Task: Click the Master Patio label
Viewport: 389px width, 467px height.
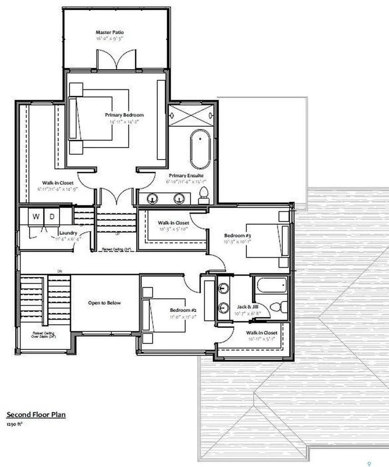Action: [109, 32]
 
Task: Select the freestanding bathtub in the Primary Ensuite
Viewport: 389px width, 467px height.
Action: [200, 149]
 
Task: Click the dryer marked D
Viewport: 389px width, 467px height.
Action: [52, 217]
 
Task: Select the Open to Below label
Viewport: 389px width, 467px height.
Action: [104, 303]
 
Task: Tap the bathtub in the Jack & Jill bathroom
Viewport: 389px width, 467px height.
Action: [271, 286]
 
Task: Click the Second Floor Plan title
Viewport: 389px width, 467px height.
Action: [36, 415]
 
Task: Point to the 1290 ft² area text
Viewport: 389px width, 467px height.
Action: [15, 424]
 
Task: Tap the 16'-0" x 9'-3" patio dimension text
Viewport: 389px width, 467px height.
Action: [109, 39]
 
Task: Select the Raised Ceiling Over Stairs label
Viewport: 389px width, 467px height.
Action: [44, 336]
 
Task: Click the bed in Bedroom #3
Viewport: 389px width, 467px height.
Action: [266, 241]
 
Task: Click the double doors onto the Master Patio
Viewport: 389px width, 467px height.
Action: [116, 60]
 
